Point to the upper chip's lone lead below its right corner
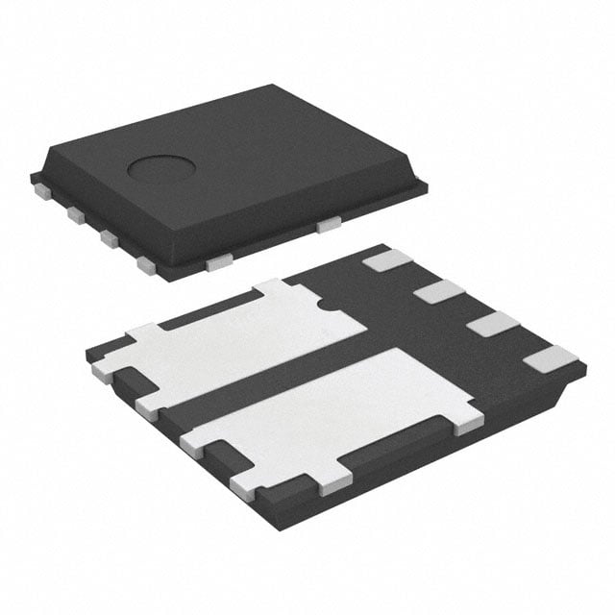tap(330, 225)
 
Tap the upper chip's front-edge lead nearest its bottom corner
tap(218, 259)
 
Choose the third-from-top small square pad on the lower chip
tap(492, 324)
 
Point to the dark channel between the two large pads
tap(288, 370)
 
